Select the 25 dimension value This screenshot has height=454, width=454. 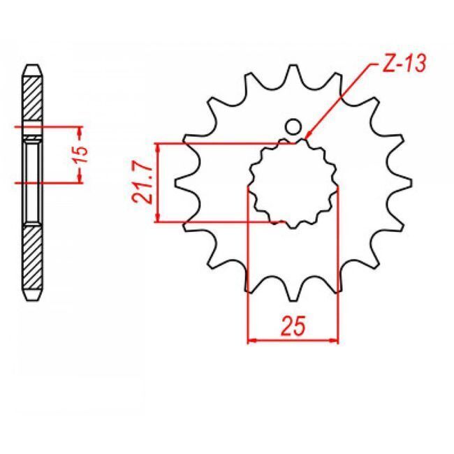pyautogui.click(x=293, y=325)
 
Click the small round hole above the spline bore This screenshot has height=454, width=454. pyautogui.click(x=293, y=127)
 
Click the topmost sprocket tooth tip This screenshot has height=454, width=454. pyautogui.click(x=293, y=66)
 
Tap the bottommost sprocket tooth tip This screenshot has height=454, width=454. pyautogui.click(x=293, y=301)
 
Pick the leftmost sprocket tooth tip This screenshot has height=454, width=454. pyautogui.click(x=176, y=184)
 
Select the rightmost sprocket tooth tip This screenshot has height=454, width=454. pyautogui.click(x=411, y=184)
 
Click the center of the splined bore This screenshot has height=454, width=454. pyautogui.click(x=293, y=184)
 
